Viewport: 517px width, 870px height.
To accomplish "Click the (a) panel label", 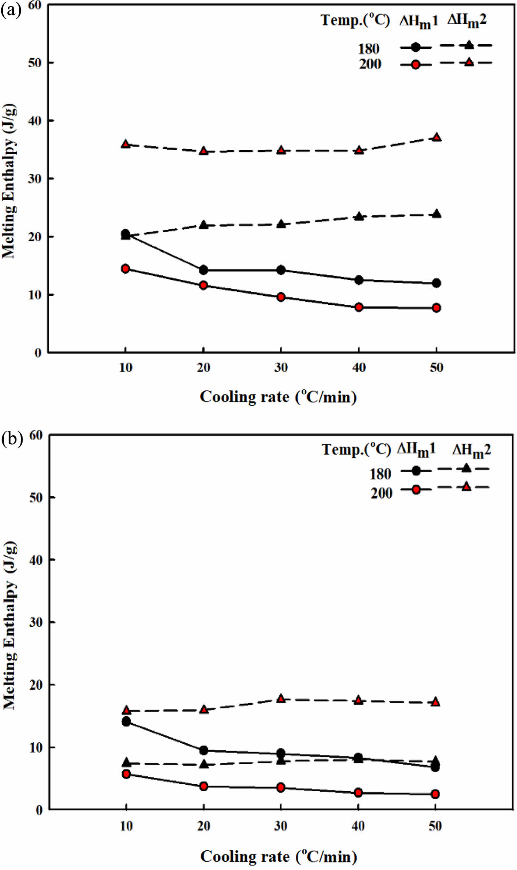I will (11, 10).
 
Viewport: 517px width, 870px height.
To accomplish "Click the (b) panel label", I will (12, 438).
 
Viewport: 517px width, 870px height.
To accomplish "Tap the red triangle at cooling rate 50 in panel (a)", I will (437, 137).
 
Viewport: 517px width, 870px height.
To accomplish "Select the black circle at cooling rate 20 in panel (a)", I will (204, 270).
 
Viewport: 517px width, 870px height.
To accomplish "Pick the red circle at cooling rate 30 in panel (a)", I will (281, 297).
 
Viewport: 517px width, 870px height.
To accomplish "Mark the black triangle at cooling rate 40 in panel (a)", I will (359, 217).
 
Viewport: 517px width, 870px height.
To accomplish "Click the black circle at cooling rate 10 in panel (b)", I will (126, 722).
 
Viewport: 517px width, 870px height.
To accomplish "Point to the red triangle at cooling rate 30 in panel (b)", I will (281, 699).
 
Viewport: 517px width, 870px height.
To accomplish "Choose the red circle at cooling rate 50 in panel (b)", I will (435, 794).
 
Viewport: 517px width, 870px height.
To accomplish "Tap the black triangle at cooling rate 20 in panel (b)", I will (204, 764).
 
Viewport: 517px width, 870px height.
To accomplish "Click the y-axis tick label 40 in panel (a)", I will (35, 121).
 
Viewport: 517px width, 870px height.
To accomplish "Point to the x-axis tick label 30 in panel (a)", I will (281, 368).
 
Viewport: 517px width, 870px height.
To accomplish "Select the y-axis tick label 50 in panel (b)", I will (36, 498).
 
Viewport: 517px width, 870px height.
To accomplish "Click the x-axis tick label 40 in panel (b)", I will (358, 826).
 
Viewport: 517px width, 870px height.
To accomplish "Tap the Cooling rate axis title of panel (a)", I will (278, 397).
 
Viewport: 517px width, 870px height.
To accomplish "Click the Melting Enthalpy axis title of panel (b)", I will (10, 625).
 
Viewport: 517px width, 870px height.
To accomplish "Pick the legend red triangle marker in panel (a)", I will (469, 62).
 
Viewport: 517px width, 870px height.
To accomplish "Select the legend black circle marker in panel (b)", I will (416, 470).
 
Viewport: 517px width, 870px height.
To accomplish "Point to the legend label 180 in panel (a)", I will (368, 49).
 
